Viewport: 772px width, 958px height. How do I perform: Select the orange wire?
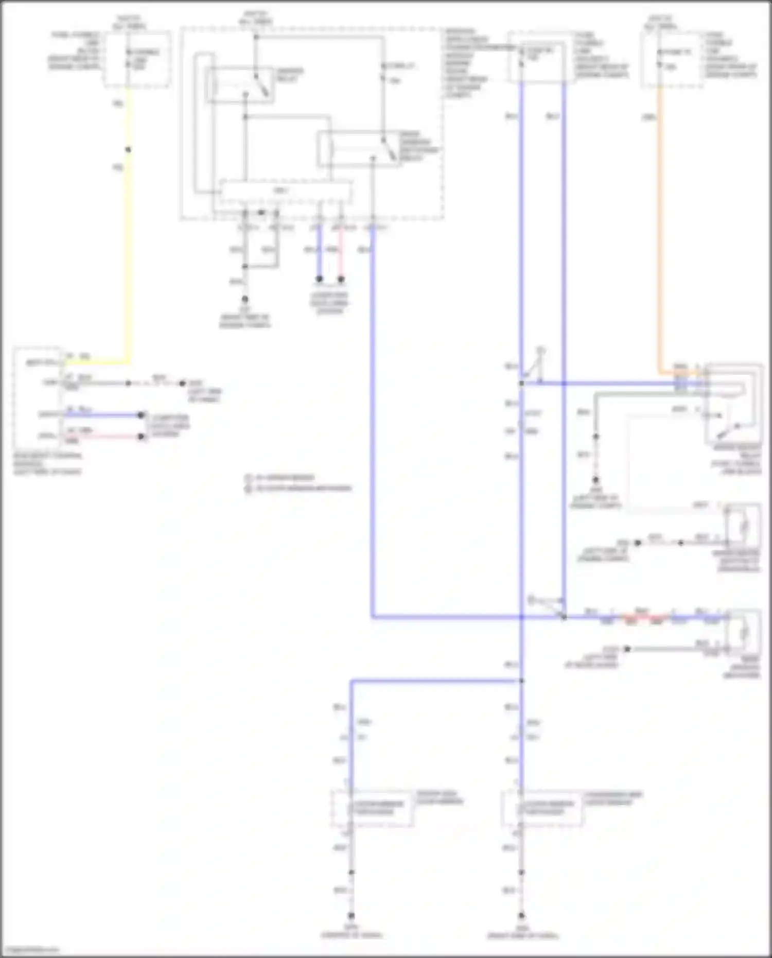pyautogui.click(x=660, y=232)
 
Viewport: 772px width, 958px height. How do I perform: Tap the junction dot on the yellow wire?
pyautogui.click(x=128, y=150)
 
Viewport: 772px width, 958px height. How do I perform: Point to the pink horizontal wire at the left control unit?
pyautogui.click(x=103, y=437)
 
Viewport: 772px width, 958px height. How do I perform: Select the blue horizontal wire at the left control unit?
pyautogui.click(x=103, y=415)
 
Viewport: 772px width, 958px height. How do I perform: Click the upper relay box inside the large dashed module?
pyautogui.click(x=239, y=85)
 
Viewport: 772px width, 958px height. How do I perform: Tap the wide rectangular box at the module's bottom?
pyautogui.click(x=286, y=192)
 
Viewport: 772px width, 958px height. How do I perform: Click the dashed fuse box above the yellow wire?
pyautogui.click(x=137, y=59)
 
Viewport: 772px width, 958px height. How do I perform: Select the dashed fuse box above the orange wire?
pyautogui.click(x=672, y=59)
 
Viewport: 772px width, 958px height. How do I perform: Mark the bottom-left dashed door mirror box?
pyautogui.click(x=372, y=808)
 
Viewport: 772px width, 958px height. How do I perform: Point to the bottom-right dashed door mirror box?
pyautogui.click(x=542, y=808)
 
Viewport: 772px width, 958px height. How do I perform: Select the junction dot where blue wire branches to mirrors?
pyautogui.click(x=521, y=681)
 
